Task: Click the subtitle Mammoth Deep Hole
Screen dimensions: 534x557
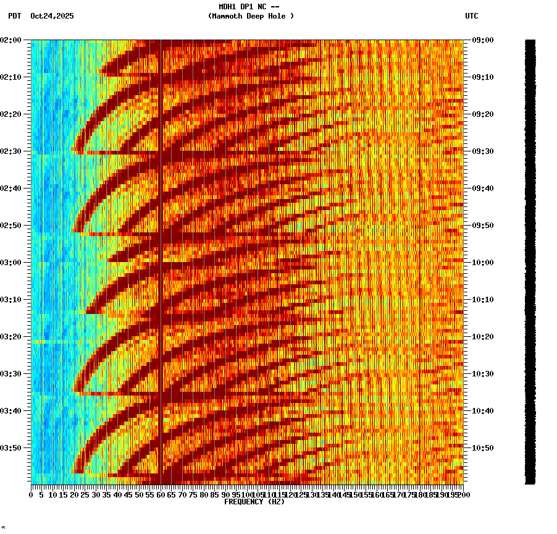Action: click(x=251, y=16)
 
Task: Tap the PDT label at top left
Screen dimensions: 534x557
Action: click(x=14, y=16)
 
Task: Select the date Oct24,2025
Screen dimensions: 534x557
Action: click(x=52, y=16)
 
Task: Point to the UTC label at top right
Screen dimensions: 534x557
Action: click(x=471, y=16)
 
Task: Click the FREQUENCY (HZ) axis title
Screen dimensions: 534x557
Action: click(x=254, y=502)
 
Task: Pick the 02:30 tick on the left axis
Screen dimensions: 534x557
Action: click(x=12, y=151)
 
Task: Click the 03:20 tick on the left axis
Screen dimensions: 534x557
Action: click(x=12, y=337)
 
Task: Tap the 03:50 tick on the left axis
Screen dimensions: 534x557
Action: click(x=12, y=448)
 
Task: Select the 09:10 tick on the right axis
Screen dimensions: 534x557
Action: click(x=482, y=77)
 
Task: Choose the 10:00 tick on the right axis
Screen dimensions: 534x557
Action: click(x=482, y=263)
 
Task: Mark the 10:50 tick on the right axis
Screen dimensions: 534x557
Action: click(x=482, y=448)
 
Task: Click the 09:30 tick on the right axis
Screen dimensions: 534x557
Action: click(x=482, y=151)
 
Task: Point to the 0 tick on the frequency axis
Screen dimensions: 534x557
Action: click(x=31, y=495)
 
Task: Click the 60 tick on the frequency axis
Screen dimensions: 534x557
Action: click(x=161, y=495)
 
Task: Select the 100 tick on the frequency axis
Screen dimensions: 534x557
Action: click(x=248, y=495)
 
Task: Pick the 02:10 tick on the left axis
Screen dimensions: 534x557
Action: click(x=12, y=77)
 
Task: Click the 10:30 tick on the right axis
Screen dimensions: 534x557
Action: click(x=482, y=374)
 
